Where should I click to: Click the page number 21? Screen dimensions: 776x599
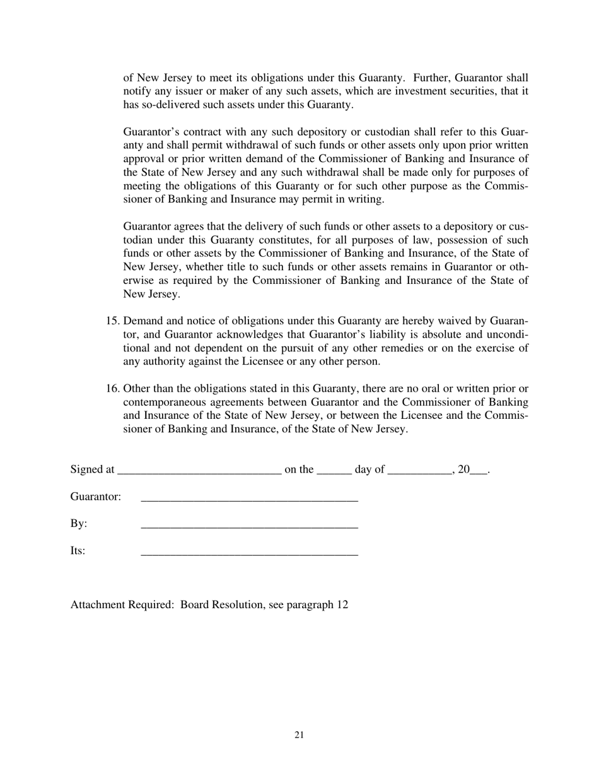coord(299,735)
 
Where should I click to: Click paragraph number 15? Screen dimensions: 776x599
coord(112,321)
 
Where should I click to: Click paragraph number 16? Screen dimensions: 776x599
coord(112,389)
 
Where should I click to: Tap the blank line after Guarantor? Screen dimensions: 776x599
coord(249,498)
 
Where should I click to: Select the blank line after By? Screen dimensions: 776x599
coord(249,526)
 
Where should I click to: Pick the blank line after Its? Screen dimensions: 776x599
coord(249,553)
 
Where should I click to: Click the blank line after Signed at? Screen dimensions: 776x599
coord(199,471)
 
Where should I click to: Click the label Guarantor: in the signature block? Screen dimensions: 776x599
coord(95,497)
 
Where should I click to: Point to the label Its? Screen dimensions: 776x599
coord(78,551)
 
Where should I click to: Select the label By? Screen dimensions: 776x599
coord(79,524)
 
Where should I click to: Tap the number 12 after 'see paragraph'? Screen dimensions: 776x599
coord(342,605)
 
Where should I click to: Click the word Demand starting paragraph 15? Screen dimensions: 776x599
coord(144,321)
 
